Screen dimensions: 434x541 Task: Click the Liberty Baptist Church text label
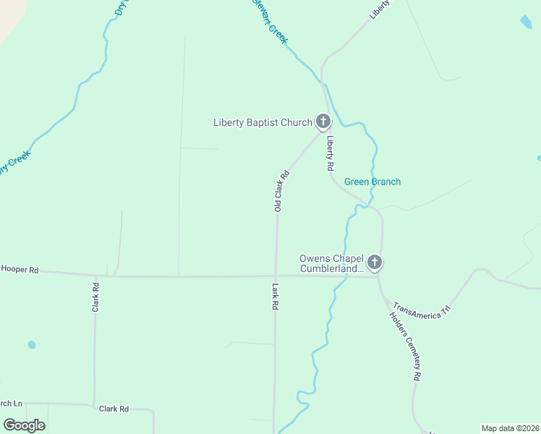[262, 122]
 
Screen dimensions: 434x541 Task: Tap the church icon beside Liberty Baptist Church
[323, 122]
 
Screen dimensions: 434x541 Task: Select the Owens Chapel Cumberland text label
[332, 263]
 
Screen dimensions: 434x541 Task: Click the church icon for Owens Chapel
[374, 263]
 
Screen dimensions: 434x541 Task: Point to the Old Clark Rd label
[281, 190]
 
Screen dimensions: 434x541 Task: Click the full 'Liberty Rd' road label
[330, 153]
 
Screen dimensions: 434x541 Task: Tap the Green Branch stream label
[372, 182]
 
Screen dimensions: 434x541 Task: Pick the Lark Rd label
[276, 297]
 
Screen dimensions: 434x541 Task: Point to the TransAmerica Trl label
[421, 309]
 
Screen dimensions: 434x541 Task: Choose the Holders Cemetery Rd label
[404, 346]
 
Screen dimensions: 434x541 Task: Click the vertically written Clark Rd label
[95, 297]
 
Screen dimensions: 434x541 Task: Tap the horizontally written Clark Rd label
[114, 409]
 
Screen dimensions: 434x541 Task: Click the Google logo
[24, 425]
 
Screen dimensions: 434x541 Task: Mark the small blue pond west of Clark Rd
[31, 344]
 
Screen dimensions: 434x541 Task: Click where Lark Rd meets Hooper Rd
[276, 276]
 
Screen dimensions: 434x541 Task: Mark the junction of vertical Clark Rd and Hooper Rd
[95, 276]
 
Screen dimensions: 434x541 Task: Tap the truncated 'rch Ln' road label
[12, 403]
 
